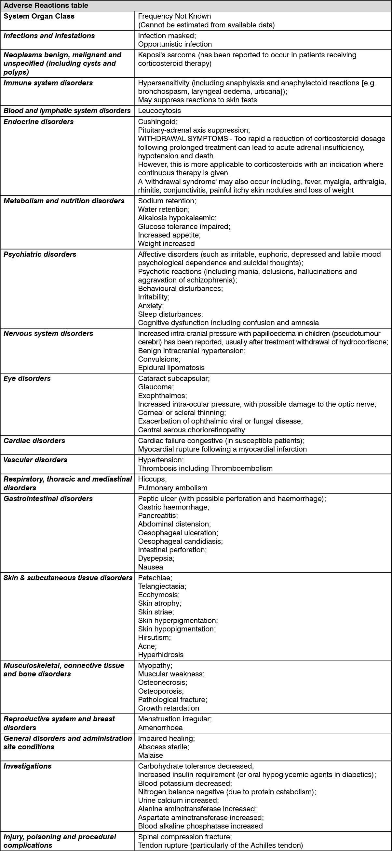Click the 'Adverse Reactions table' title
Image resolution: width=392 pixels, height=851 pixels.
[x=46, y=5]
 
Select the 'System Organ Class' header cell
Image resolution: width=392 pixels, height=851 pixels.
[x=39, y=16]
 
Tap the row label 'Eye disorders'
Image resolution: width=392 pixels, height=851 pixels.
[x=27, y=378]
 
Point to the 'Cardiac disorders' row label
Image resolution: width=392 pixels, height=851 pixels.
[x=34, y=440]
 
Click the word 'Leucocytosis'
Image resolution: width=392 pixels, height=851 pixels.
[x=159, y=110]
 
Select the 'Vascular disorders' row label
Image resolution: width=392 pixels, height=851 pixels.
[x=35, y=459]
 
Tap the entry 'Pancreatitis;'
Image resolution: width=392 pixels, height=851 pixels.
[x=158, y=515]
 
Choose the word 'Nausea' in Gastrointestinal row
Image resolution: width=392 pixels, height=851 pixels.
[x=151, y=567]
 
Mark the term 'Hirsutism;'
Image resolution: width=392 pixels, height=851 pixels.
[x=155, y=637]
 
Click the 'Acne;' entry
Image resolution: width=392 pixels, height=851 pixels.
[x=147, y=646]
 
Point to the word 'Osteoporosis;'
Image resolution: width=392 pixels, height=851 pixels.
[x=161, y=691]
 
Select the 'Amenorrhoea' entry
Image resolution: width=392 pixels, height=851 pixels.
[x=160, y=728]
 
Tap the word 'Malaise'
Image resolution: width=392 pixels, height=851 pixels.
[x=151, y=755]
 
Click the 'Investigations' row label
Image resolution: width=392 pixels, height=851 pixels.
[x=27, y=766]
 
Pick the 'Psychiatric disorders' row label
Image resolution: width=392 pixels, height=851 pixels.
[x=40, y=254]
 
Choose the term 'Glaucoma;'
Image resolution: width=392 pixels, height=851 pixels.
[x=156, y=386]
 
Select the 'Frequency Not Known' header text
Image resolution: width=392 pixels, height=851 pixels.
[x=174, y=16]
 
